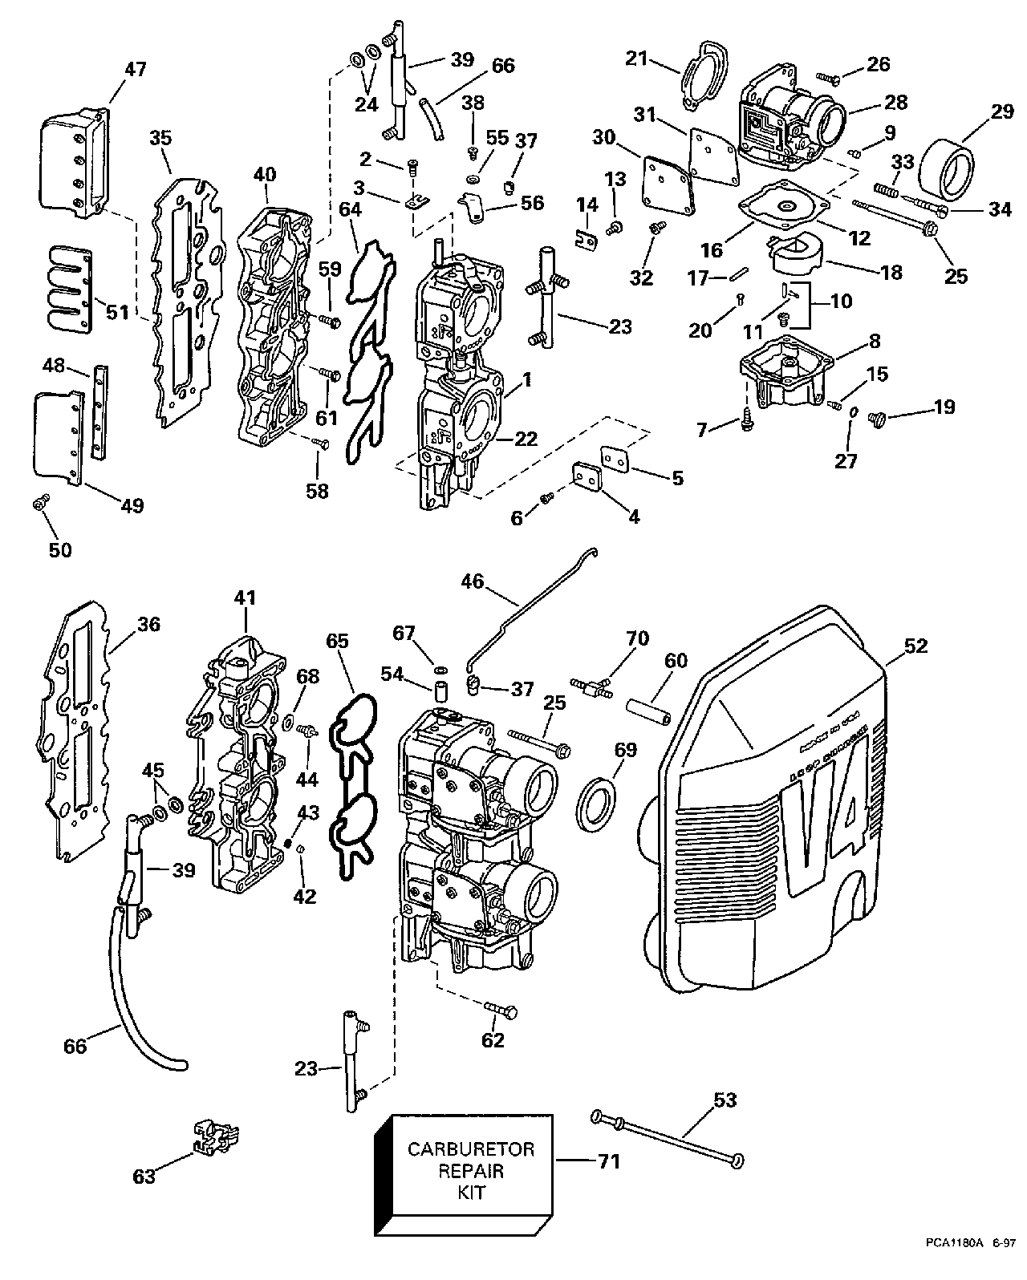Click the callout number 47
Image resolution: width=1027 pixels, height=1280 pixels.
click(x=135, y=69)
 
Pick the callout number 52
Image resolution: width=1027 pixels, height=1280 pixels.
click(x=916, y=646)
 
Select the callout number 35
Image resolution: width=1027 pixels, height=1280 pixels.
click(x=160, y=138)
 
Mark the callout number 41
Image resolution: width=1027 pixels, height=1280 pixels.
click(x=244, y=597)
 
